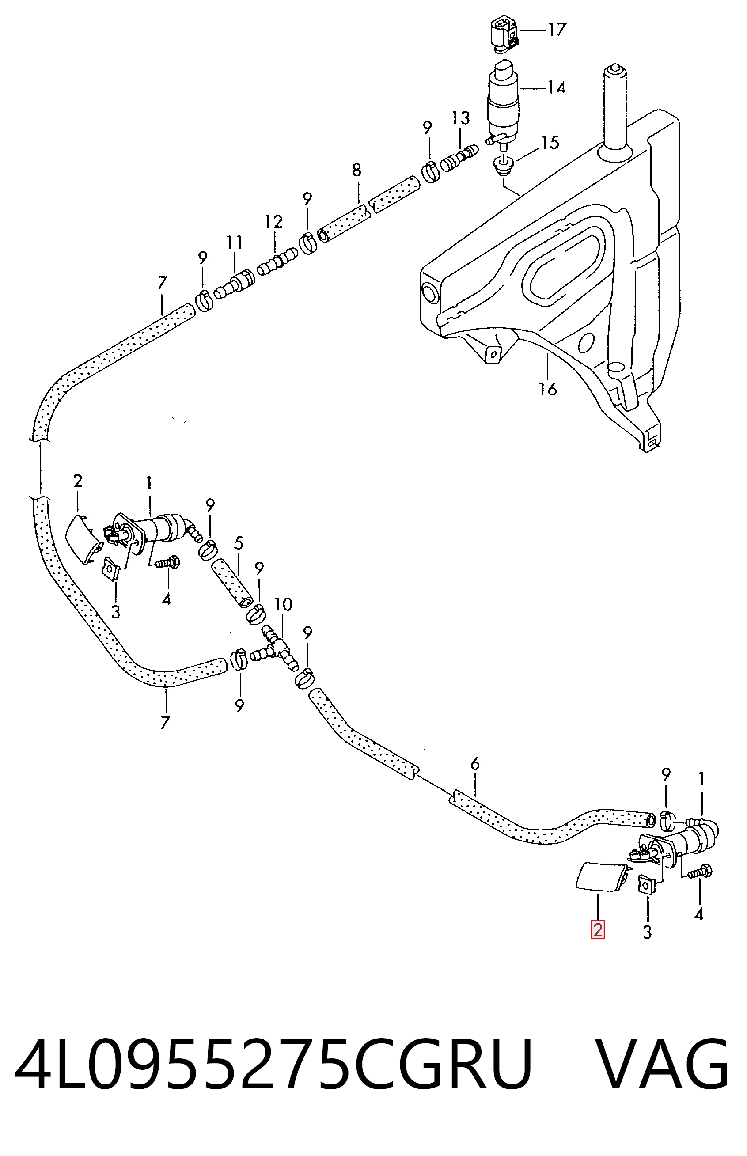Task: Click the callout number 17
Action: [x=557, y=30]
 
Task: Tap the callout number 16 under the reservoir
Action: [x=548, y=389]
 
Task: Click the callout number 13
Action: [x=461, y=118]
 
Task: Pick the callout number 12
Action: [x=273, y=222]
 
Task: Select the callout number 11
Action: [x=234, y=243]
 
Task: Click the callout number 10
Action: [x=283, y=605]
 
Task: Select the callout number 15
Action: [x=550, y=143]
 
